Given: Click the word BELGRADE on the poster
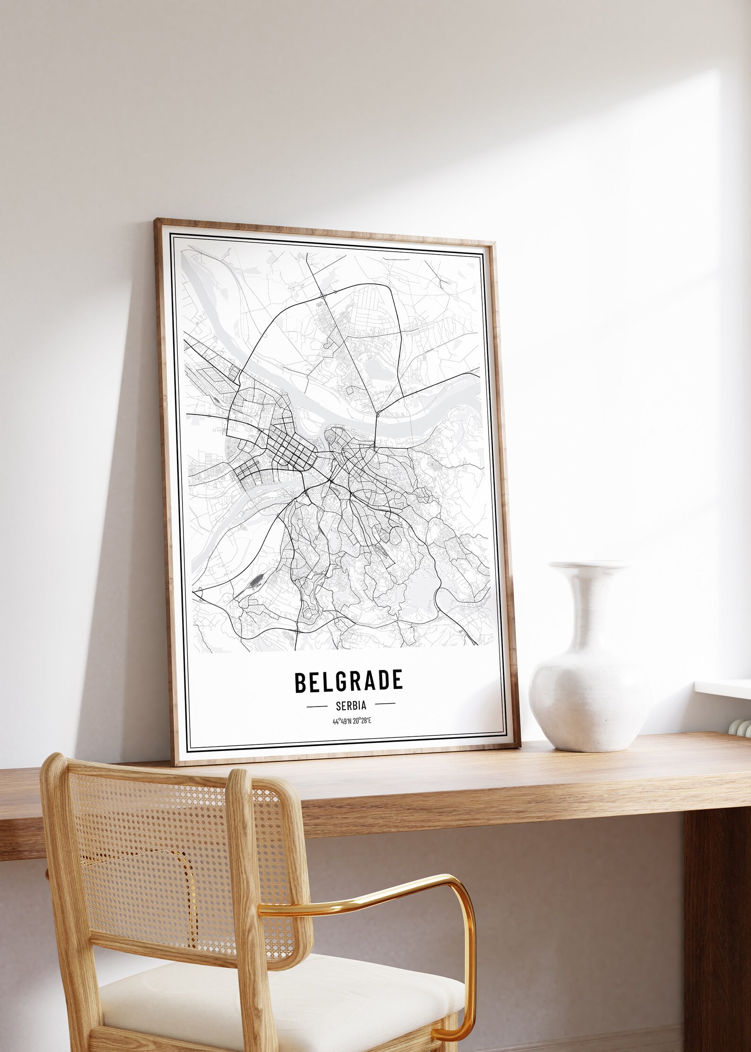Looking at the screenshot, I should click(x=349, y=681).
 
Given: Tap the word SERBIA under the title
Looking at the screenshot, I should click(x=350, y=706).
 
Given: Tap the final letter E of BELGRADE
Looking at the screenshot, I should click(x=397, y=680).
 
